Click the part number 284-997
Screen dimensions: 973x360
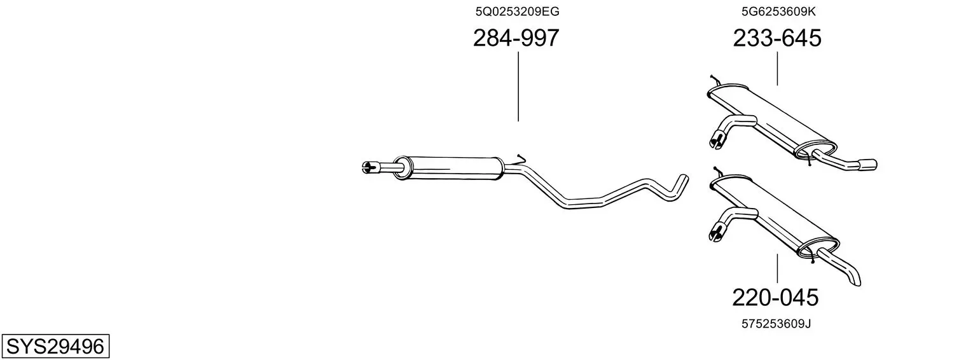pos(516,38)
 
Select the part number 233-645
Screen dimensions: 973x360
pos(777,38)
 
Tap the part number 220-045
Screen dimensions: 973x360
pos(775,298)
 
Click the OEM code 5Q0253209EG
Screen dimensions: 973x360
pos(517,11)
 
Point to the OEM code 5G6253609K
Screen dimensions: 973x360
pos(778,11)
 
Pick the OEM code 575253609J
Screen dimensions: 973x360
pos(776,324)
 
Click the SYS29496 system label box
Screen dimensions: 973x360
pos(55,346)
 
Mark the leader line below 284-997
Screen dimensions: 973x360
pos(518,87)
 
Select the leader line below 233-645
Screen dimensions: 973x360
pos(777,69)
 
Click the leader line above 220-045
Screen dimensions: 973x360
pos(777,268)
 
